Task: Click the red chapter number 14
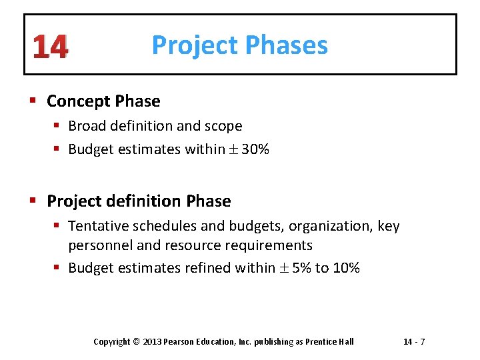50,47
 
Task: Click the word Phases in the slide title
287,45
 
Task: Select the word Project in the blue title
195,45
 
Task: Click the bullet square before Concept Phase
33,102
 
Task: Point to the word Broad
87,126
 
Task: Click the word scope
223,126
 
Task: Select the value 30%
255,150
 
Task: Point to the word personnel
100,245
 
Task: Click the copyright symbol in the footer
137,342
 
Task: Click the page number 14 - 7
414,342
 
